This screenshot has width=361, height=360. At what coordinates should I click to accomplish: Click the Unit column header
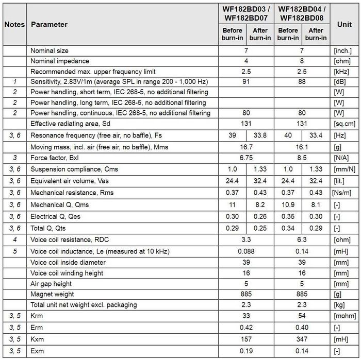point(344,24)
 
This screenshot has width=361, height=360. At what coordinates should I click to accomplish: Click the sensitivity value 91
point(247,81)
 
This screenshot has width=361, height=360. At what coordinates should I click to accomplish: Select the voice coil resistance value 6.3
point(302,239)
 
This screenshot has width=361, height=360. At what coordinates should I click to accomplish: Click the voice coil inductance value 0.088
point(247,251)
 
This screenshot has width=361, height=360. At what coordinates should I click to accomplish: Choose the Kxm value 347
point(302,340)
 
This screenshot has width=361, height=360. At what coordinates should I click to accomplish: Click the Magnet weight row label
point(52,294)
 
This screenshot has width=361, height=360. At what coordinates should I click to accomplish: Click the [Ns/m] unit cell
point(342,193)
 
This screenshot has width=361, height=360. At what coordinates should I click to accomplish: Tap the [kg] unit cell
point(340,305)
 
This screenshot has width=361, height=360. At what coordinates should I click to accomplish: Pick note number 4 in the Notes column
point(15,239)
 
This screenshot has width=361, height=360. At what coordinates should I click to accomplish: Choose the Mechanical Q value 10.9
point(288,205)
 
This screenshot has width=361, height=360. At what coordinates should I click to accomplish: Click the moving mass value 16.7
point(247,147)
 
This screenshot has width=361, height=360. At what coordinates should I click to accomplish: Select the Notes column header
point(14,24)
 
